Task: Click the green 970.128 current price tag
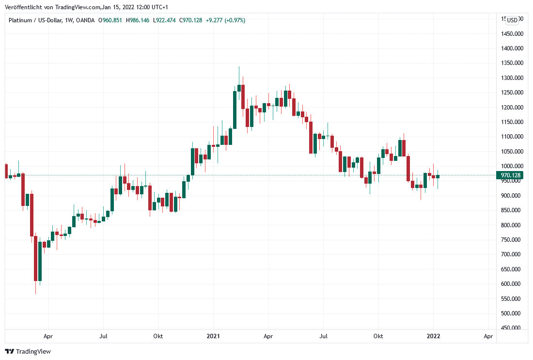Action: (x=511, y=175)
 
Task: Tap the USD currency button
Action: (x=512, y=20)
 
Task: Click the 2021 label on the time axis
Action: (x=214, y=336)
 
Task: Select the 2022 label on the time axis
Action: (x=433, y=336)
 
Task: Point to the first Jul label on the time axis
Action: (x=103, y=336)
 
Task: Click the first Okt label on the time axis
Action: (x=158, y=336)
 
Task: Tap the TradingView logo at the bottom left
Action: (x=28, y=351)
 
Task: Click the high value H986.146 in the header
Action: (x=138, y=20)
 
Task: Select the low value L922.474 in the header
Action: (x=165, y=20)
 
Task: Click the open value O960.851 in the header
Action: (x=110, y=20)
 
